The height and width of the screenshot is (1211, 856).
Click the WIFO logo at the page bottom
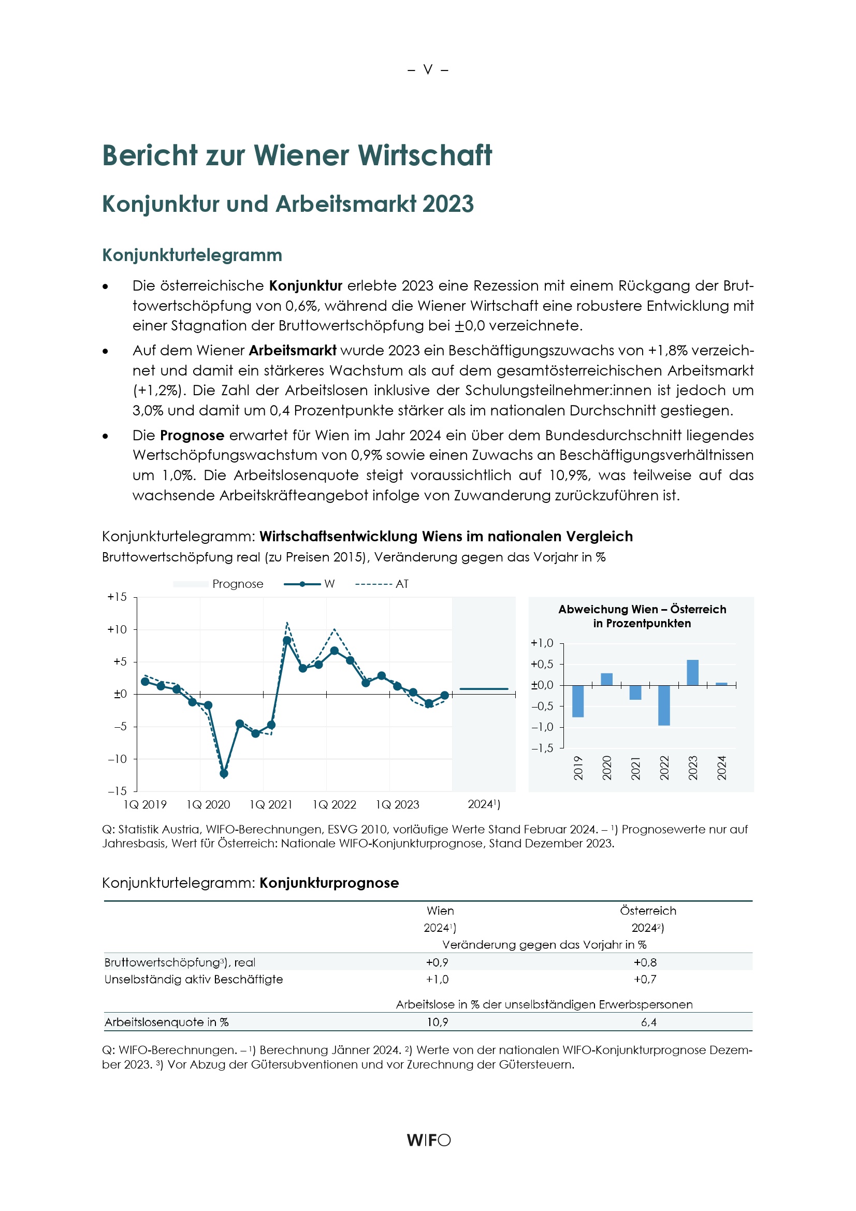(x=428, y=1140)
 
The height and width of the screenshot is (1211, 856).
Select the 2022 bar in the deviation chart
(x=664, y=705)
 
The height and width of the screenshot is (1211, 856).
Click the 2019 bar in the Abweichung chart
(x=578, y=701)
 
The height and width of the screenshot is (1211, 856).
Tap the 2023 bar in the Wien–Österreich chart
(x=692, y=672)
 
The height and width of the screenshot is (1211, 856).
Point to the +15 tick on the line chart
(x=117, y=597)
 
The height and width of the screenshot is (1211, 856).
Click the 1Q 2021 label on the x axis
(x=271, y=804)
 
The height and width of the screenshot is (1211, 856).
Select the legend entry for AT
(x=382, y=584)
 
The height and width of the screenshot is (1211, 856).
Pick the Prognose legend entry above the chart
(x=219, y=584)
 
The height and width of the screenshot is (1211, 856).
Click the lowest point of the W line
(x=224, y=774)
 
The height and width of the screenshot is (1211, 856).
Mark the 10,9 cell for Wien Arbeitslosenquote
(x=437, y=1022)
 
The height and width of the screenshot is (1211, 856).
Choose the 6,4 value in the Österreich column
(x=648, y=1022)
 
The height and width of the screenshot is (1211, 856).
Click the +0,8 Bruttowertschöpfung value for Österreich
(x=645, y=962)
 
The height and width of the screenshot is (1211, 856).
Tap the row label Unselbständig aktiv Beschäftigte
(x=194, y=979)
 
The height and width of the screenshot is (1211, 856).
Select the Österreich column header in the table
(x=648, y=911)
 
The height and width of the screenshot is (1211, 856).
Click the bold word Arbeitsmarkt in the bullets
(x=292, y=350)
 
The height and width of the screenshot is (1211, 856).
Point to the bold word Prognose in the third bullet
(x=192, y=435)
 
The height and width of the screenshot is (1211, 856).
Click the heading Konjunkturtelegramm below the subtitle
(x=192, y=255)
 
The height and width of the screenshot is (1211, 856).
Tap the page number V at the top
(x=428, y=69)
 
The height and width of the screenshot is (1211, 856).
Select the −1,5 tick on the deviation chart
(x=542, y=748)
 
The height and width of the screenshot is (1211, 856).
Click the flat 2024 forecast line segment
(x=484, y=689)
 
